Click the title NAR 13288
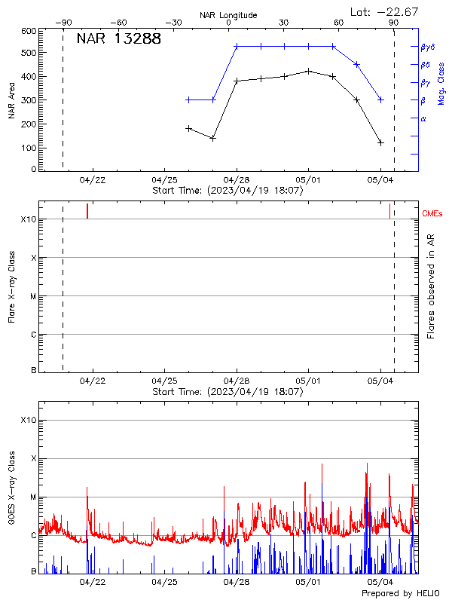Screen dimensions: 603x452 pos(119,39)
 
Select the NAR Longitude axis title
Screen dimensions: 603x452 pos(228,15)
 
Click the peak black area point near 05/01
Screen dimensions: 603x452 pos(309,71)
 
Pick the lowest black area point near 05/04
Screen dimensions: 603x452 pos(381,142)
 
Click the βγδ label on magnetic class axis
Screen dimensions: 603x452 pos(426,47)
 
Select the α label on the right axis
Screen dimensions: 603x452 pos(423,118)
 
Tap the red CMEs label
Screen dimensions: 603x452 pos(433,215)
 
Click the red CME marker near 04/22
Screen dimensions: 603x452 pos(87,211)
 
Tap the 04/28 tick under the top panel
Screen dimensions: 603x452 pos(237,181)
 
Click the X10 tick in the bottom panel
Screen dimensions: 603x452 pos(29,420)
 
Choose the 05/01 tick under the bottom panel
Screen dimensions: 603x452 pos(309,582)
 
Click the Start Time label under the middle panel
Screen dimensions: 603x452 pos(228,392)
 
